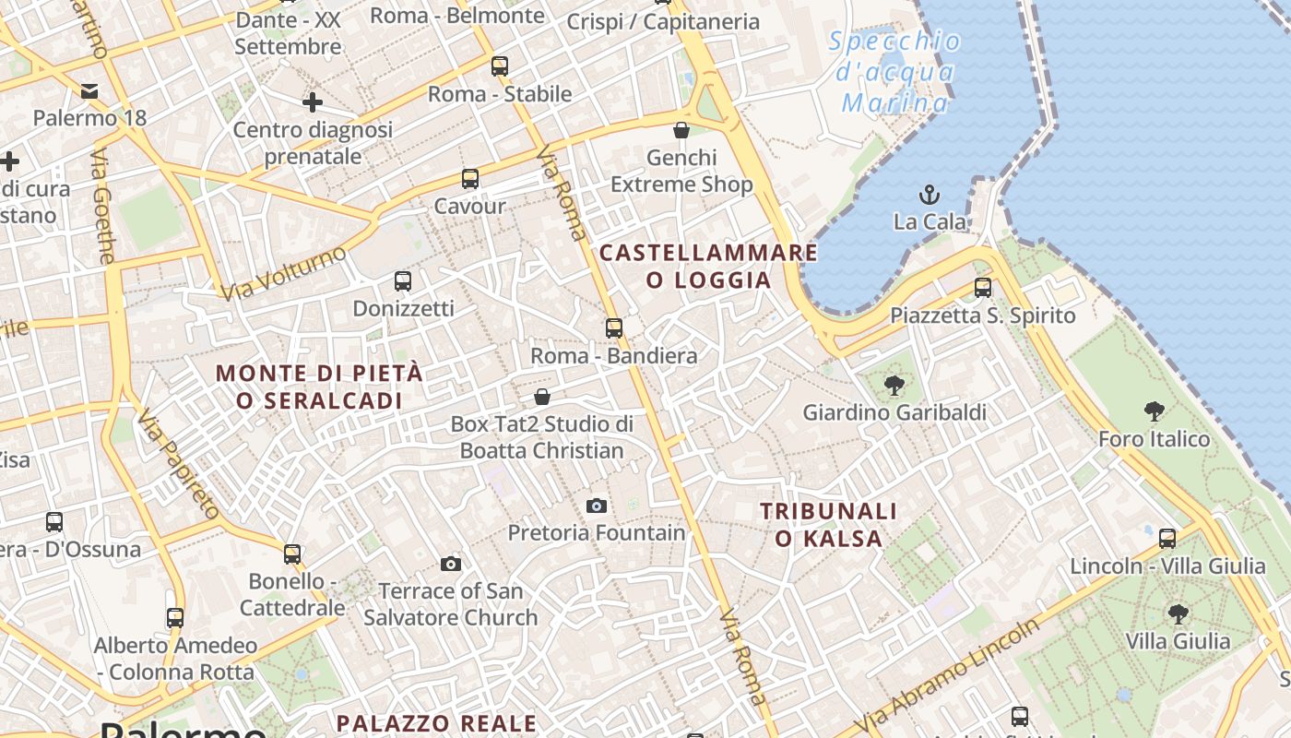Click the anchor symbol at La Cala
[x=930, y=195]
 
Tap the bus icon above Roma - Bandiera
[x=613, y=327]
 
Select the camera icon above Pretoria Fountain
[x=597, y=506]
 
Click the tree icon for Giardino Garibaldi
[x=894, y=385]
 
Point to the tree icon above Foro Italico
[x=1154, y=411]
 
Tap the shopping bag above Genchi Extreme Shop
[x=681, y=130]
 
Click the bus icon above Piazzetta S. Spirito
[x=983, y=288]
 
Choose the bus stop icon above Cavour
[x=470, y=179]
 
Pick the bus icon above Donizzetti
[x=403, y=280]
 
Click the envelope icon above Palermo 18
[x=89, y=90]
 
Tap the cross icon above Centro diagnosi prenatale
[x=313, y=102]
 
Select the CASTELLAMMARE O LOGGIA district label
[x=708, y=266]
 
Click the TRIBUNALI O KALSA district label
[x=828, y=524]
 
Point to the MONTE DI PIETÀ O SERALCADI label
[x=319, y=387]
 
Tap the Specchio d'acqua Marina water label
[x=894, y=72]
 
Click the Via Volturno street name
[x=284, y=273]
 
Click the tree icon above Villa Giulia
[x=1178, y=613]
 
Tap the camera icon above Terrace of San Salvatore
[x=451, y=564]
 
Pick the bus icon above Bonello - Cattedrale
[x=292, y=554]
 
